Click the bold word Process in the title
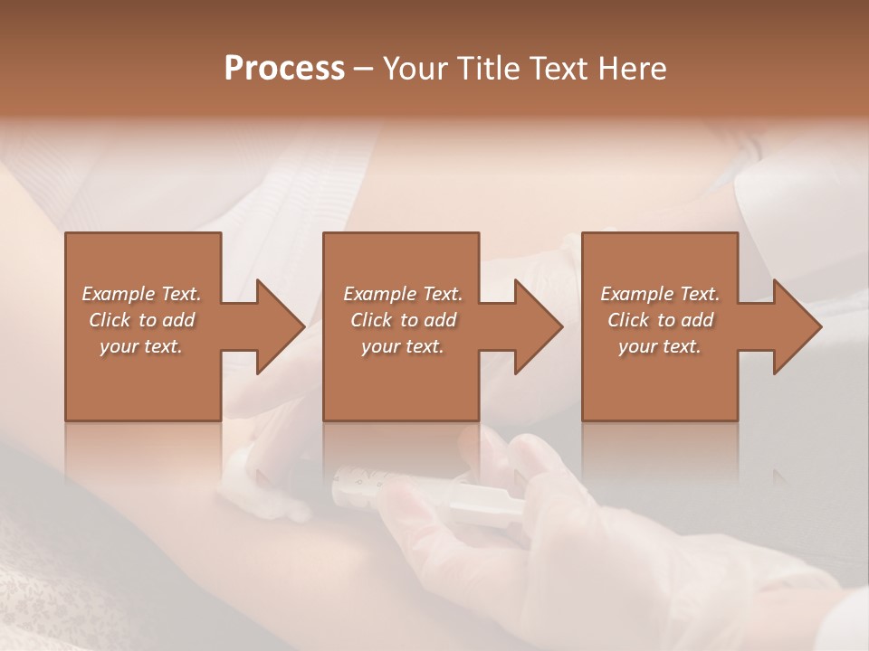284,69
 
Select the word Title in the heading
486,69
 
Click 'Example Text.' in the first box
141,294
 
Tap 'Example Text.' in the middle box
403,294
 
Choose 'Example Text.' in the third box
660,294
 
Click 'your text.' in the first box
141,346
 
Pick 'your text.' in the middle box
403,346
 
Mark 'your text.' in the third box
660,346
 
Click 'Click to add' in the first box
141,320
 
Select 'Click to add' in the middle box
403,320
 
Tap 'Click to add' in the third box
660,320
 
